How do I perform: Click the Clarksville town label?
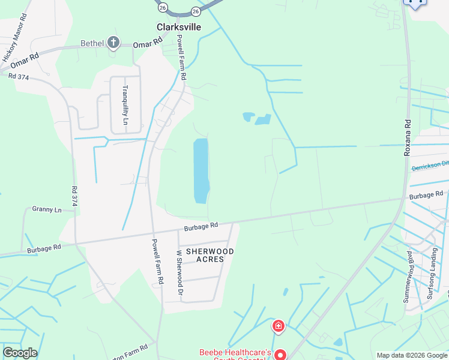coord(178,28)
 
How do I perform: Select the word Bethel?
coord(92,43)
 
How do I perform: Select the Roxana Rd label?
coord(408,138)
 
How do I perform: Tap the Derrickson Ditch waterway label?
coord(430,166)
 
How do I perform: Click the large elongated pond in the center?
coord(200,170)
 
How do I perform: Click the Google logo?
coord(20,353)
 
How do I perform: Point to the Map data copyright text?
coord(412,355)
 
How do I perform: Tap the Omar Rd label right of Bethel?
coord(148,44)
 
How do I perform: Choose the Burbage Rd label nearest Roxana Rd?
coord(426,195)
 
